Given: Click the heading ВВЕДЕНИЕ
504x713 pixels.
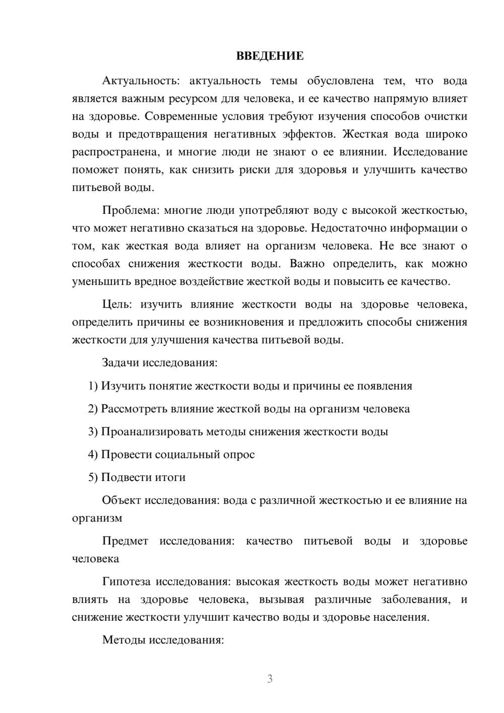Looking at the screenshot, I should (x=270, y=56).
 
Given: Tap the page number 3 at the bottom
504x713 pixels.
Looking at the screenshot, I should (x=270, y=679).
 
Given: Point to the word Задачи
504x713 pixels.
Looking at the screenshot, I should (x=120, y=363).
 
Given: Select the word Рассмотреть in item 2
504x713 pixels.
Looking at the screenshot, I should (x=133, y=409).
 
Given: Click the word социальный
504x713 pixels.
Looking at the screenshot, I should (x=186, y=454).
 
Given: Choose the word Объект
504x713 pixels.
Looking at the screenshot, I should (x=121, y=500).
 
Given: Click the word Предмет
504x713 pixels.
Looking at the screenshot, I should (x=125, y=541).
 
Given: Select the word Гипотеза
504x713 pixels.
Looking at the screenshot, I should (x=126, y=581).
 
